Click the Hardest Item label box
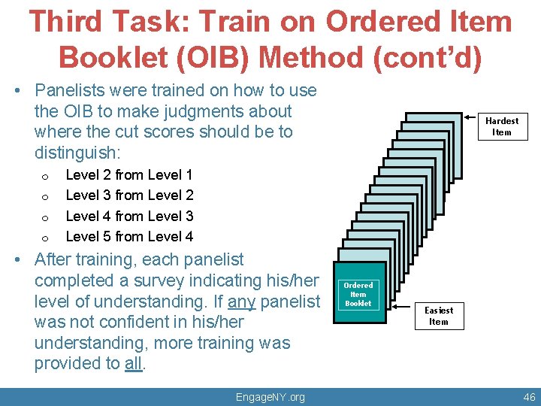[x=501, y=126]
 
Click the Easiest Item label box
[x=438, y=316]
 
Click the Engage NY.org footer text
[x=270, y=396]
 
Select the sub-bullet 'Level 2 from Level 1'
[x=129, y=175]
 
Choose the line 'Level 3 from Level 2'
[x=129, y=195]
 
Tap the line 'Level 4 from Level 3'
[x=129, y=217]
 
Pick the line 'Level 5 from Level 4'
[x=129, y=237]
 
